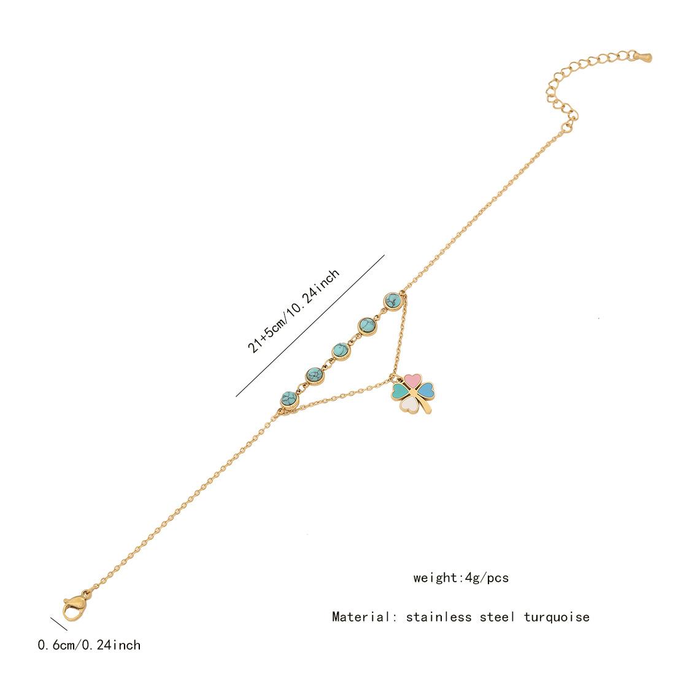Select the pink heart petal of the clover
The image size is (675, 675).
pos(412,379)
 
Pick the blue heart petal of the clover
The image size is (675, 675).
pos(426,390)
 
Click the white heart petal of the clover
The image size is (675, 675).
pos(409,404)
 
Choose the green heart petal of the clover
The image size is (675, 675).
pos(400,391)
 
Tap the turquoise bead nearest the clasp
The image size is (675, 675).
pos(289,400)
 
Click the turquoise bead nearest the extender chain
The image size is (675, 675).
pos(393,301)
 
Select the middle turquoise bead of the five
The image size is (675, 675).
pos(341,351)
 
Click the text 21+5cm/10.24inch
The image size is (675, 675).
pos(293,311)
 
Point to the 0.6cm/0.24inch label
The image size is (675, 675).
pos(89,645)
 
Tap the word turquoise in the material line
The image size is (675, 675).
pos(557,617)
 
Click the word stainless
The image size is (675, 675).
pos(439,617)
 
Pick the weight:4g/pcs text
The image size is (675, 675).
pos(461,577)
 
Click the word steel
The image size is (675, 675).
pos(497,617)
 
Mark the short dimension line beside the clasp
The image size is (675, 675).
pos(59,624)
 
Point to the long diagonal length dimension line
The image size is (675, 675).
pos(310,326)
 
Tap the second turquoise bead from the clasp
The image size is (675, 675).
pos(315,376)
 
